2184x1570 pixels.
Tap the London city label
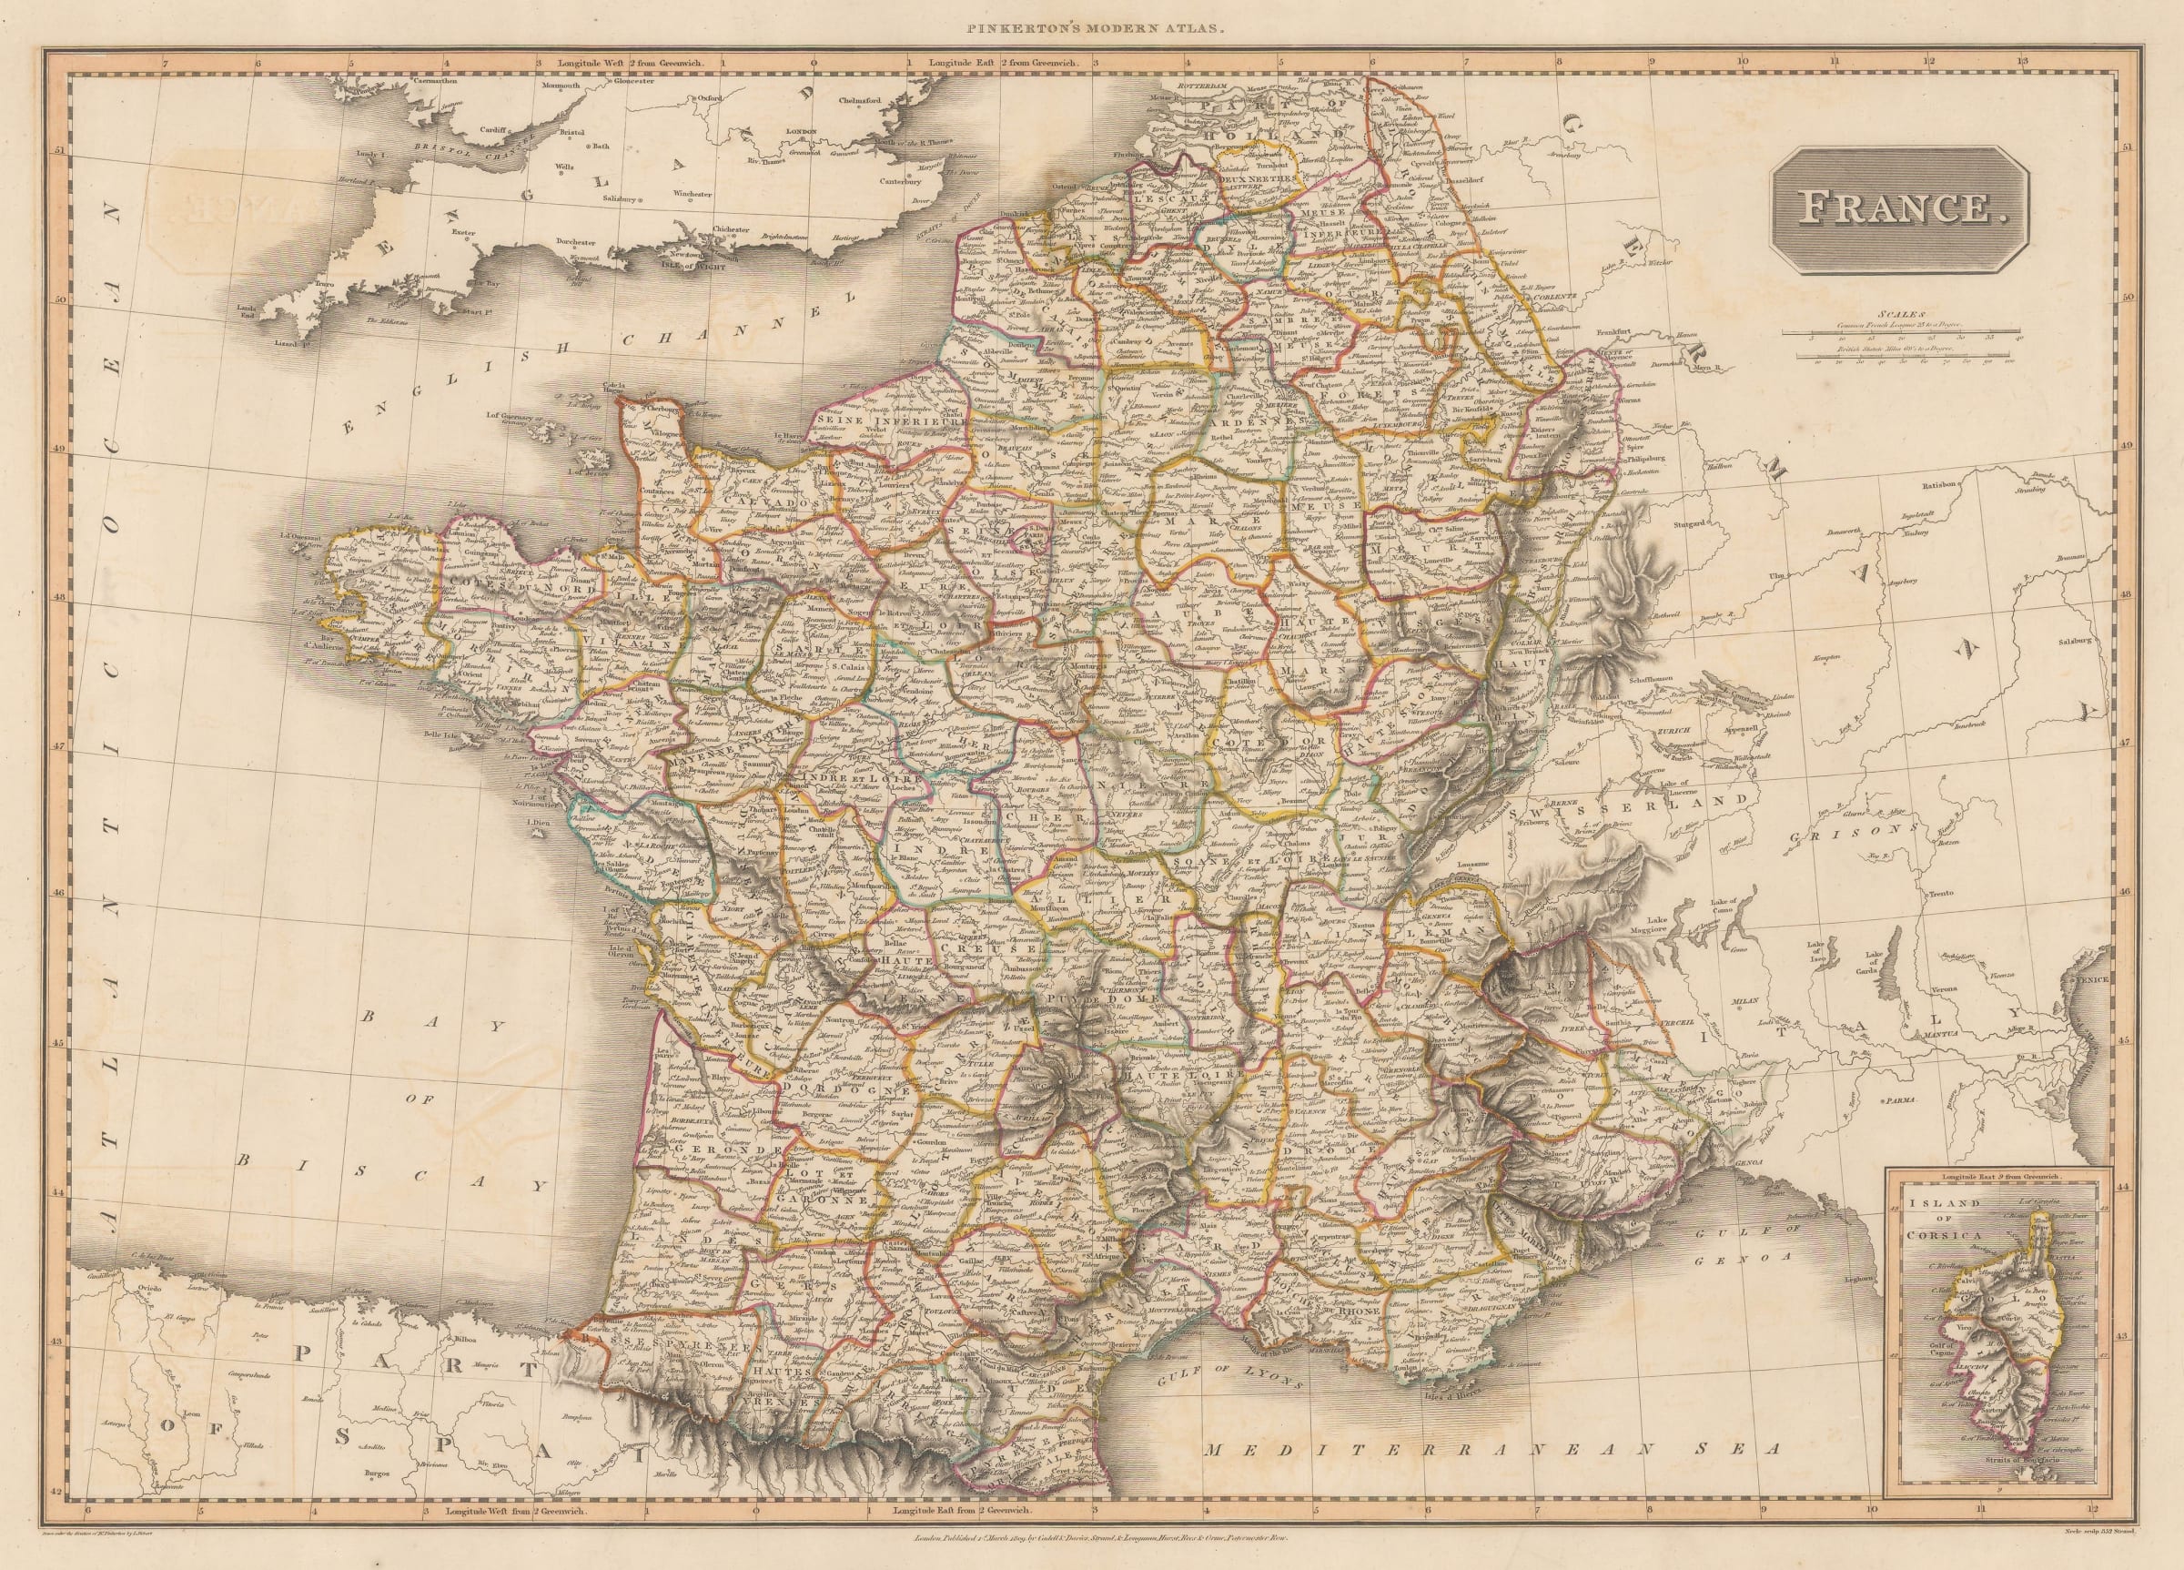[x=801, y=131]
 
